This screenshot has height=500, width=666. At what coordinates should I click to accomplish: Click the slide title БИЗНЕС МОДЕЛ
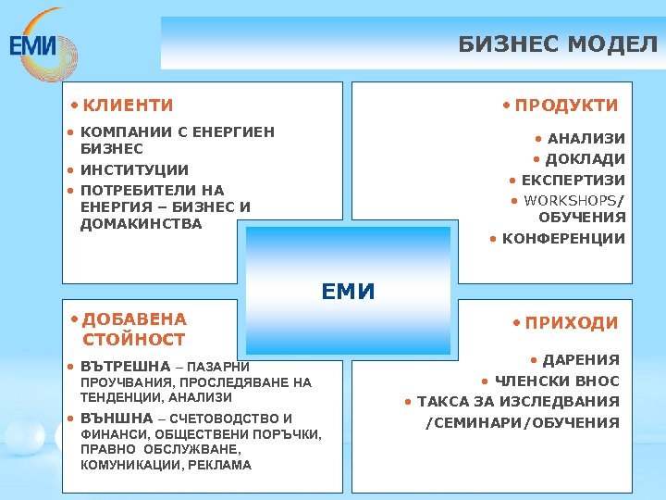pos(558,44)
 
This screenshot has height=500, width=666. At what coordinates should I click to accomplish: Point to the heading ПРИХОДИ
pos(571,323)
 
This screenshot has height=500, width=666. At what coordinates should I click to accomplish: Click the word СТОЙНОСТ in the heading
pos(134,340)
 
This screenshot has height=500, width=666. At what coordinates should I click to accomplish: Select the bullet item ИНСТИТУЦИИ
pos(134,170)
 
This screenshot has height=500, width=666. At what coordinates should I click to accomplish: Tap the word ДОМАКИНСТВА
pos(141,223)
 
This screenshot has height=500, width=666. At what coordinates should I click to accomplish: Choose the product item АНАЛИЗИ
pos(586,139)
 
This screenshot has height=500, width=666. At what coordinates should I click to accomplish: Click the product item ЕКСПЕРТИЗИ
pos(573,180)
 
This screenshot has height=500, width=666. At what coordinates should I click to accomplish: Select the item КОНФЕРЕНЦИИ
pos(563,239)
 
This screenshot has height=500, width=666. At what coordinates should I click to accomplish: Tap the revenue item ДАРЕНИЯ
pos(580,360)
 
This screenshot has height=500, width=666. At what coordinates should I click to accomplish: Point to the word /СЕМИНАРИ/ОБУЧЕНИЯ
pos(522,422)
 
